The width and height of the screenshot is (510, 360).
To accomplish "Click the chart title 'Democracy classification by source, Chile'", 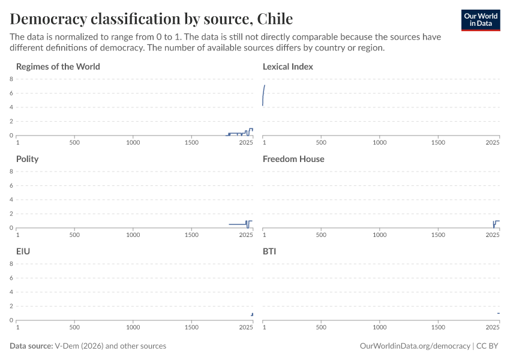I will [x=151, y=19].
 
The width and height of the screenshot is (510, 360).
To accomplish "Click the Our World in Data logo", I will [x=481, y=19].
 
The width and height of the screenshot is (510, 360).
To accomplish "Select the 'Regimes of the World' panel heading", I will [x=58, y=67].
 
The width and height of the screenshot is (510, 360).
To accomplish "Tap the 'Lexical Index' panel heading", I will [x=288, y=67].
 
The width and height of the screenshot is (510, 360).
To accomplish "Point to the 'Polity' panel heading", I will [x=28, y=159].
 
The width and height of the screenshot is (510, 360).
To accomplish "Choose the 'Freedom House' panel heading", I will [x=293, y=159].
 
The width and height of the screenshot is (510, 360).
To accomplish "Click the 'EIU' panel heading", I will [x=23, y=251].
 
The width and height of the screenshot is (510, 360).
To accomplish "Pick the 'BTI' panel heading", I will [x=269, y=251].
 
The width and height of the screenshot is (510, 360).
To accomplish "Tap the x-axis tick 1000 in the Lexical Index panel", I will [x=380, y=143].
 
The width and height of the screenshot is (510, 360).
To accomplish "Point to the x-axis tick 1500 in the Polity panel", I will [x=192, y=235].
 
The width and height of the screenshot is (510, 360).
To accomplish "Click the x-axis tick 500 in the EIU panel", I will [x=74, y=328].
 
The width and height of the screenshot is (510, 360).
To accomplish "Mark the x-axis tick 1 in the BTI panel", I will [x=265, y=328].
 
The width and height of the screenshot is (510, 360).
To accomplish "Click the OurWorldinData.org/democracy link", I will [x=415, y=346].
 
